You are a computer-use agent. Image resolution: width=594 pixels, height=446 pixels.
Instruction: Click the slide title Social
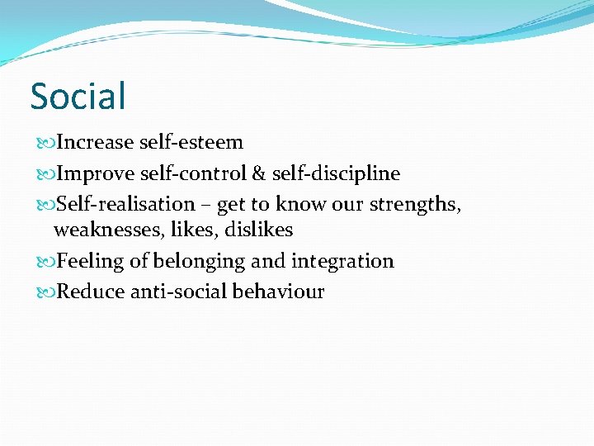[x=78, y=96]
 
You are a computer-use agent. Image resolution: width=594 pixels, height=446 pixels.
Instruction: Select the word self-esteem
[x=191, y=142]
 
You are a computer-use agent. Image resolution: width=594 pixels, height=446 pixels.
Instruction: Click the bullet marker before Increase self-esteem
[x=45, y=143]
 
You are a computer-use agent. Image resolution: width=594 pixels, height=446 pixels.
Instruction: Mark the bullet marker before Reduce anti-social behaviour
[x=45, y=292]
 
